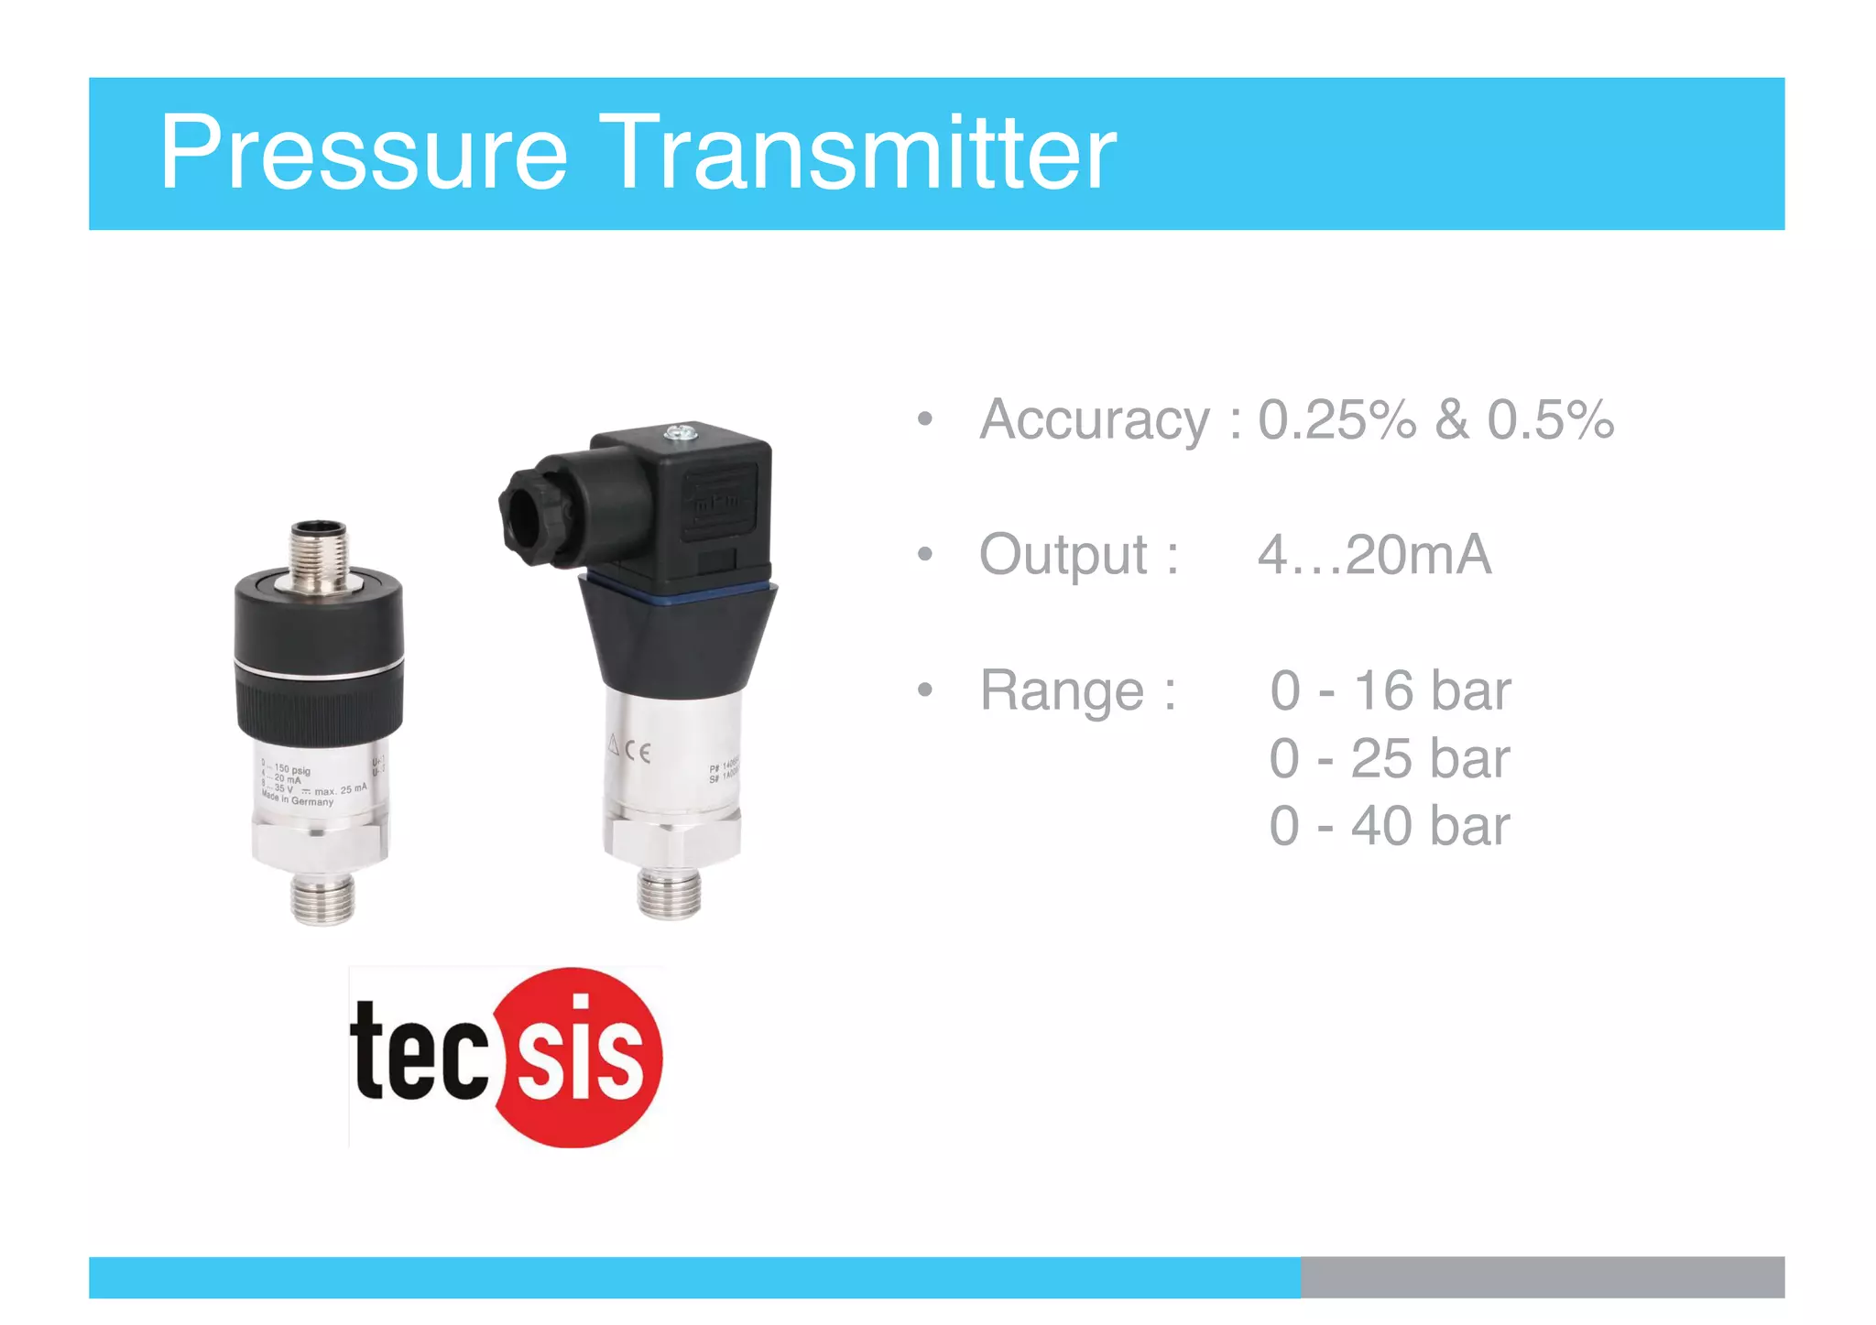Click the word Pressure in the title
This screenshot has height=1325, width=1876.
(x=364, y=153)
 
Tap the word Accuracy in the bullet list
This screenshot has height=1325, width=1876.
(x=1094, y=421)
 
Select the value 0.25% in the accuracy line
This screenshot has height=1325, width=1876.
(x=1336, y=420)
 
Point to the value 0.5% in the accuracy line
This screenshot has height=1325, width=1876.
(x=1550, y=420)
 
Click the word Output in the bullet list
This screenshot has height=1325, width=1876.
(x=1063, y=555)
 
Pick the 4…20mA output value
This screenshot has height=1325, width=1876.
(x=1374, y=555)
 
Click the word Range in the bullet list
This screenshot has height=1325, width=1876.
(x=1062, y=690)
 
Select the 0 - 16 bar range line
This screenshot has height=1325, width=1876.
(x=1390, y=690)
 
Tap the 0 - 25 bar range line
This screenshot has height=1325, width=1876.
(x=1390, y=759)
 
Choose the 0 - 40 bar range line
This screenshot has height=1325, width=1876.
(x=1390, y=826)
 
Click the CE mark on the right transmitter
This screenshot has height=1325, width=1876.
(x=638, y=752)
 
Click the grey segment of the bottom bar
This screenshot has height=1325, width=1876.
(x=1542, y=1276)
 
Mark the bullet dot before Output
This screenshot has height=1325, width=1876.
(x=925, y=555)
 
